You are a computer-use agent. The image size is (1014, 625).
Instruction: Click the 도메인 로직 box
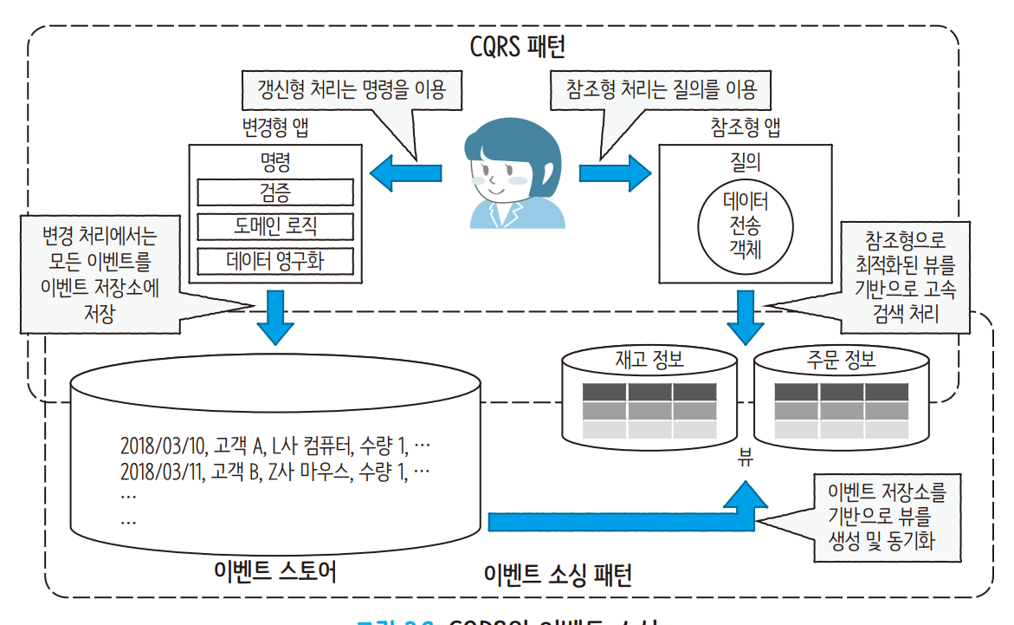(x=275, y=226)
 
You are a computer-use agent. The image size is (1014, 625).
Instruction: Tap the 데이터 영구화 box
(x=275, y=260)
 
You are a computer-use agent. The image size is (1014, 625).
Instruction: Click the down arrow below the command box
(x=274, y=317)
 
